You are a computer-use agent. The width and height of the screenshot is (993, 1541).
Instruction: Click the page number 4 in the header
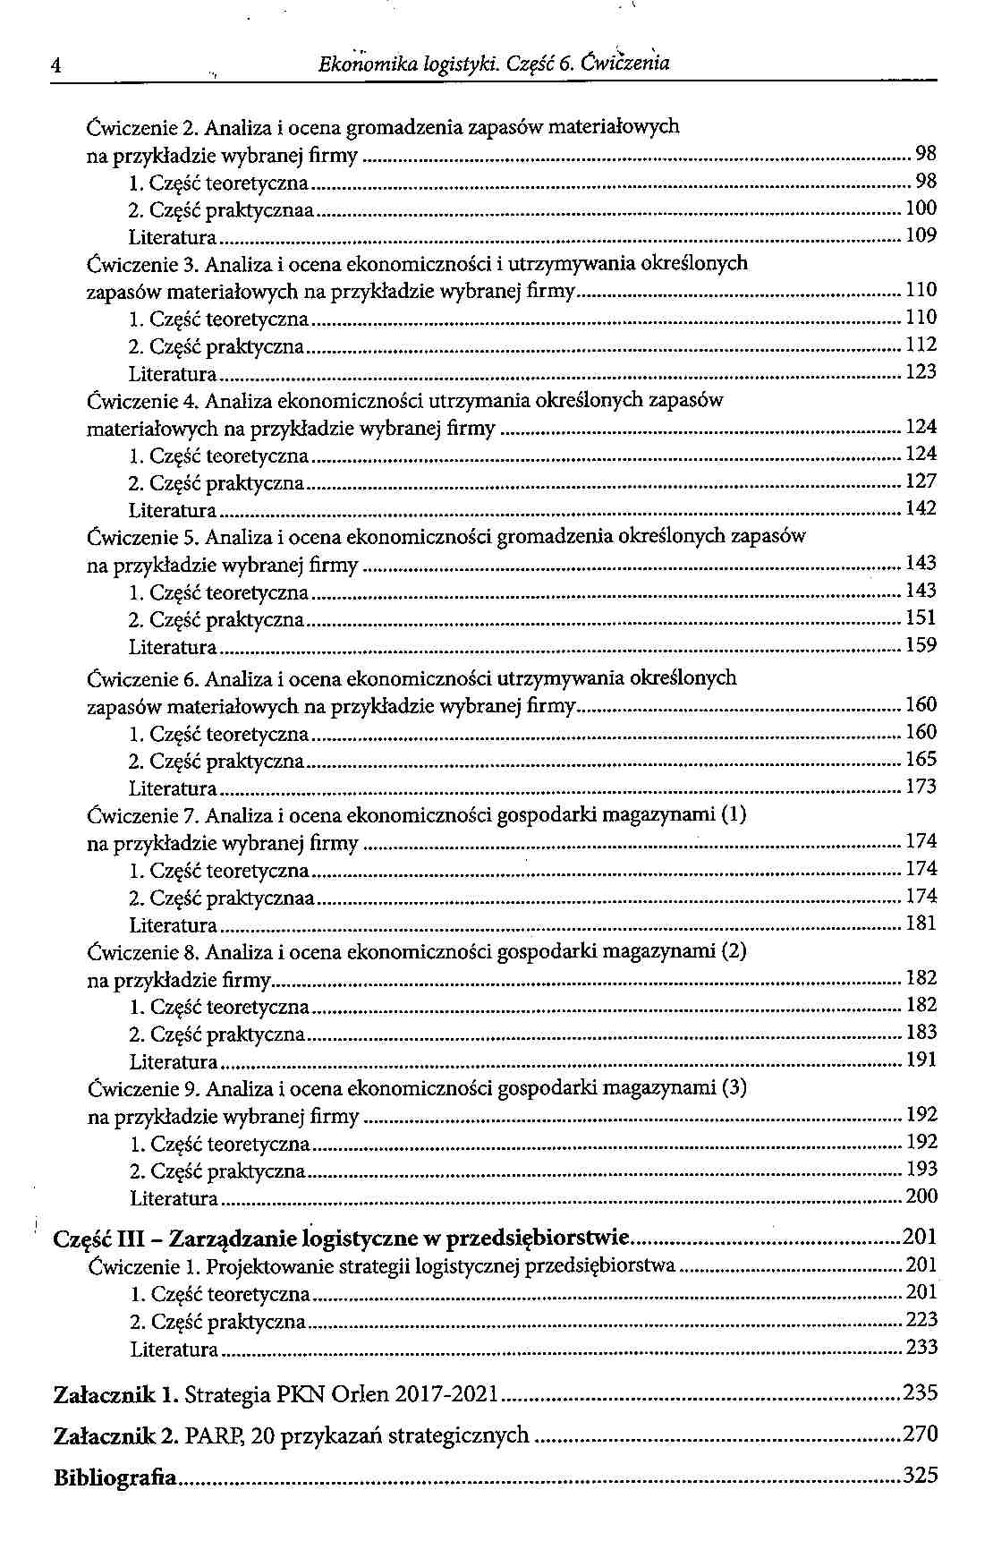coord(55,66)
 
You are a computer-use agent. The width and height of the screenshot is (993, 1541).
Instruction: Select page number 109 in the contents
coord(921,235)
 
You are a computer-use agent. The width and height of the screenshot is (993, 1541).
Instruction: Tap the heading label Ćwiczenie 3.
coord(142,264)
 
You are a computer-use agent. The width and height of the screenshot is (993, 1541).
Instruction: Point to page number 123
coord(921,371)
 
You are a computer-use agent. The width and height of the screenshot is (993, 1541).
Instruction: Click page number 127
coord(921,481)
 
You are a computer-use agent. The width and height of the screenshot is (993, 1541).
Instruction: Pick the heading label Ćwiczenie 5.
coord(142,538)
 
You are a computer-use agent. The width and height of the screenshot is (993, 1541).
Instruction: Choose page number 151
coord(921,617)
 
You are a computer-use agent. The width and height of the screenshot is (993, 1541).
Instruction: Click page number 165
coord(921,760)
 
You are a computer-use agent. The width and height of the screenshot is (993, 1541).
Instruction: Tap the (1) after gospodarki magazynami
coord(734,814)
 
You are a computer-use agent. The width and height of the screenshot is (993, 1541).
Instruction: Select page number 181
coord(921,924)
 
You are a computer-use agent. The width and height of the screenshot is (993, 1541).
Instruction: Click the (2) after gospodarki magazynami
coord(734,950)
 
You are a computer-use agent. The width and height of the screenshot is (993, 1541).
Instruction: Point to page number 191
coord(921,1060)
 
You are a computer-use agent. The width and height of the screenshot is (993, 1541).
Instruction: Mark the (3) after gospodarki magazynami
coord(734,1088)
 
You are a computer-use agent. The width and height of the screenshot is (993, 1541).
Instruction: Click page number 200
coord(921,1196)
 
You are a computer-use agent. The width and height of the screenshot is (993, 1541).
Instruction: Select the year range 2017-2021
coord(446,1394)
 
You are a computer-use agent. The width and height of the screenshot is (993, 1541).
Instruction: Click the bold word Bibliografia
coord(115,1477)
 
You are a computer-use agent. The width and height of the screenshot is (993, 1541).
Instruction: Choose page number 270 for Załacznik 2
coord(921,1435)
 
